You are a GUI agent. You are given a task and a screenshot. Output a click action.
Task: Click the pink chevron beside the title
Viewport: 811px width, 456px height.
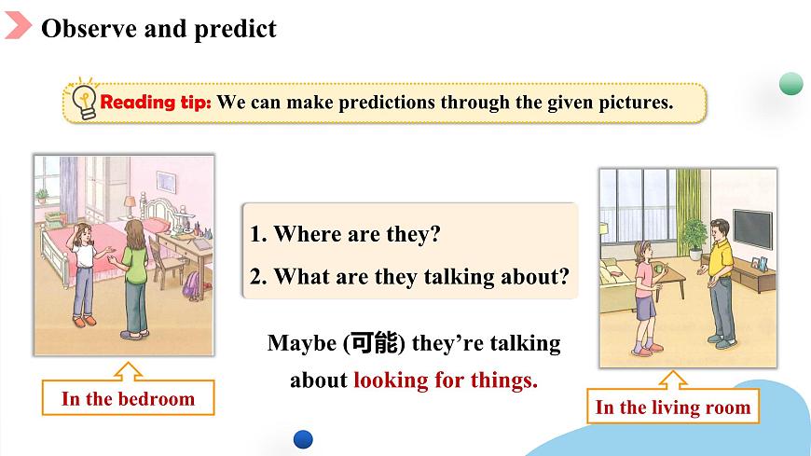click(x=18, y=25)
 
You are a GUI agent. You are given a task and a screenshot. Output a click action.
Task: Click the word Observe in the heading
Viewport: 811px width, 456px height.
click(x=89, y=29)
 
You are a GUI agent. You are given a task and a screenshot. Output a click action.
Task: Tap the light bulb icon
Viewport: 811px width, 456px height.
click(x=83, y=101)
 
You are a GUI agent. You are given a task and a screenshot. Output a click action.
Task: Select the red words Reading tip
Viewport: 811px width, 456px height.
click(x=155, y=102)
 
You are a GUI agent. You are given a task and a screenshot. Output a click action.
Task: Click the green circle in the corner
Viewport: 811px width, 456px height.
click(x=790, y=83)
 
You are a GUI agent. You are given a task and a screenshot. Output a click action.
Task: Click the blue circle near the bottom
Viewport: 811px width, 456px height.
click(x=303, y=439)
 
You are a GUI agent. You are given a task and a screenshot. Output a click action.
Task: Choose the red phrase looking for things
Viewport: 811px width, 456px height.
click(x=446, y=380)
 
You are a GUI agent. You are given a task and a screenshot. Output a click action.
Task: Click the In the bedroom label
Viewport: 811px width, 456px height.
click(x=129, y=398)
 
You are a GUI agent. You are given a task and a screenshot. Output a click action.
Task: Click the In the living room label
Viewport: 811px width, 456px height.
click(x=673, y=408)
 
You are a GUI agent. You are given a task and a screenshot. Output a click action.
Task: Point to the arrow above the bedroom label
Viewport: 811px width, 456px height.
click(x=129, y=371)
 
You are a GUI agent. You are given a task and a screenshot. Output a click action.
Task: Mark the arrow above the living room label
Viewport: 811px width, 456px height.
click(x=673, y=380)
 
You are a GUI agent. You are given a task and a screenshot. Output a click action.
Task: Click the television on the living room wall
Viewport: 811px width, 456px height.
click(x=753, y=228)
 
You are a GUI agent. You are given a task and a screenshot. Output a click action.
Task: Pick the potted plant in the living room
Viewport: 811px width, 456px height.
click(x=694, y=238)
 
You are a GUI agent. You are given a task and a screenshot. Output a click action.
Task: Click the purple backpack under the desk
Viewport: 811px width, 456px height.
click(x=192, y=284)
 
